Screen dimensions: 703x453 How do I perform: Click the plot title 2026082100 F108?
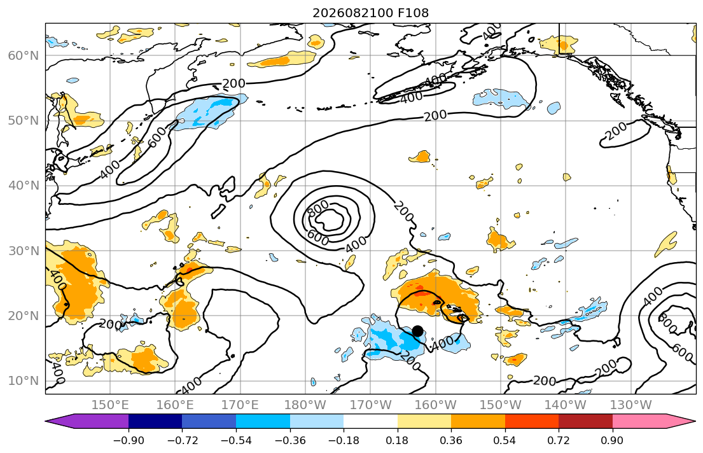tap(370, 13)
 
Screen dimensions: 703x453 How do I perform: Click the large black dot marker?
tap(417, 331)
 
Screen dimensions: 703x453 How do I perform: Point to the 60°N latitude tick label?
tap(24, 55)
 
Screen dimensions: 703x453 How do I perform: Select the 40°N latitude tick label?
tap(24, 186)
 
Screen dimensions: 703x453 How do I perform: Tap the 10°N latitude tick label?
tap(24, 381)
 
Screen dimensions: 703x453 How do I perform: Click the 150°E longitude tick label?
tap(110, 405)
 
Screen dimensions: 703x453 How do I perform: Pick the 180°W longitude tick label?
tap(305, 405)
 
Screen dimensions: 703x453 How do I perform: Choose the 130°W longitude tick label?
tap(631, 405)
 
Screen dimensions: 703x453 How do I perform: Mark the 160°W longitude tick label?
tap(436, 405)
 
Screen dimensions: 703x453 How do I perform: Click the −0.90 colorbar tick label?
tap(129, 440)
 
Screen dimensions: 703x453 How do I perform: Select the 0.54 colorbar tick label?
tap(505, 440)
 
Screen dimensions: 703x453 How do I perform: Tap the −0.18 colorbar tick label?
tap(344, 440)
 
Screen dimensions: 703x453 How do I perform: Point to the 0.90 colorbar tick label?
tap(613, 440)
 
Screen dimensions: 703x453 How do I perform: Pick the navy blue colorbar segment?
tap(155, 421)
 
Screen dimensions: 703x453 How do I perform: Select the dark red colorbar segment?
tap(585, 421)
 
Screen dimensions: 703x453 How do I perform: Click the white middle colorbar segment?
tap(370, 421)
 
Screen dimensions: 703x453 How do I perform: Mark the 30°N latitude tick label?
tap(24, 251)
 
